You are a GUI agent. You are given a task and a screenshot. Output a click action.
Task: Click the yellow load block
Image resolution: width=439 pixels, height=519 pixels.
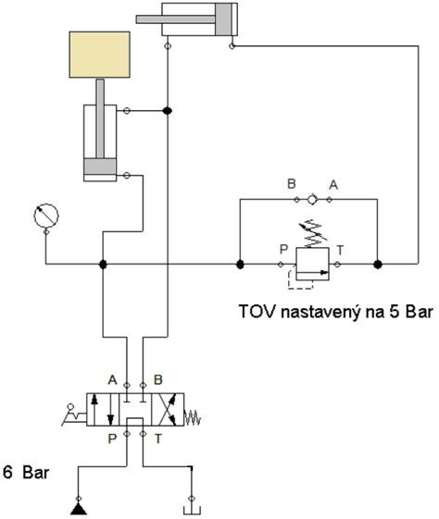point(99,55)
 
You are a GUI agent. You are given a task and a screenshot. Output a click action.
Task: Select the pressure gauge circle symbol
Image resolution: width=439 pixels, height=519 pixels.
point(45,216)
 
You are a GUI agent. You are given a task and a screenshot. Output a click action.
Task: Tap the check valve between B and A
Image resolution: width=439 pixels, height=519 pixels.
point(312,198)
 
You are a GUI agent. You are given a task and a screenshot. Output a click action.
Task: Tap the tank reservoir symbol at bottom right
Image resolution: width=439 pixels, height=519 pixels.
point(191,507)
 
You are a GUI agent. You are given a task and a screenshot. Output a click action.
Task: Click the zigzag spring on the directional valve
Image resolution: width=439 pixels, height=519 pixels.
point(193,418)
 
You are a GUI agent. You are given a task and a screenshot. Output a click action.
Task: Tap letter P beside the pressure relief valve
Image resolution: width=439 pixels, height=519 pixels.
point(283,248)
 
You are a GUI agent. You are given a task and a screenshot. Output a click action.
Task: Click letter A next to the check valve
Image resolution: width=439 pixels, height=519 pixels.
point(333,184)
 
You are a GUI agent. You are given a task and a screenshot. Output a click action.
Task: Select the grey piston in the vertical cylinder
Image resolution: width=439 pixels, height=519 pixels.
point(99,168)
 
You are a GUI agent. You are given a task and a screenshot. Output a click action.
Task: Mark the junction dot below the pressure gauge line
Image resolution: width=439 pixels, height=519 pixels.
point(103,265)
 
